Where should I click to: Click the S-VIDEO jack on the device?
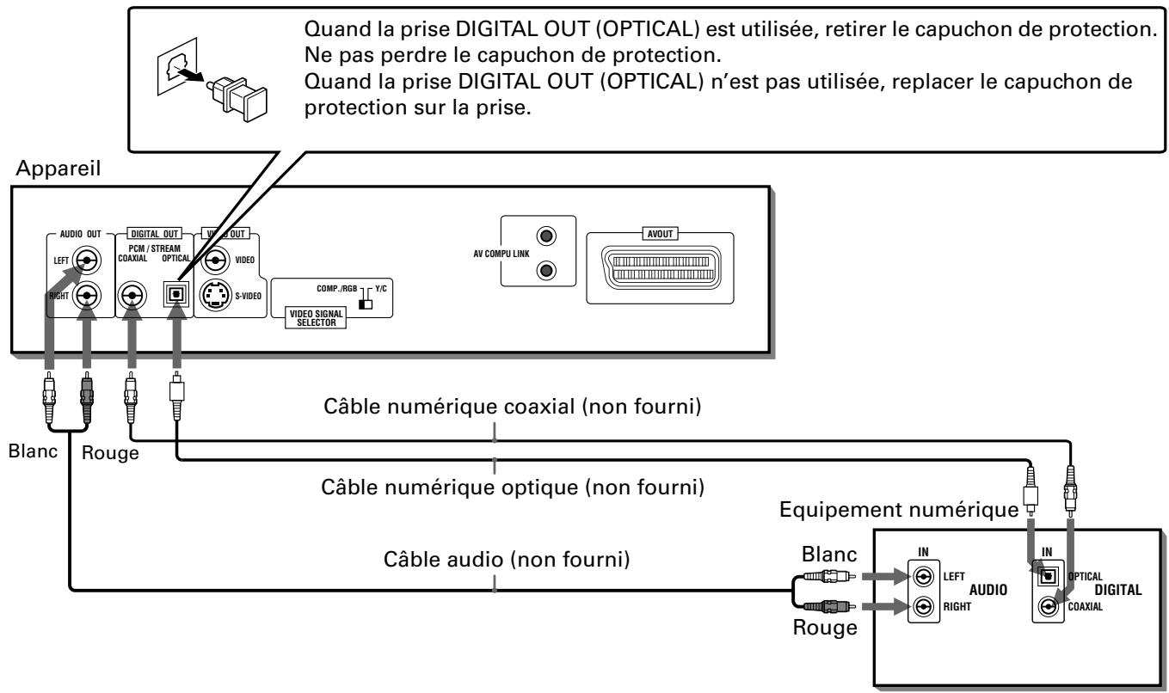click(x=216, y=296)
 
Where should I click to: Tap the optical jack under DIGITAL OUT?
click(x=176, y=294)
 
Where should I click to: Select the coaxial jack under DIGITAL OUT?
click(x=132, y=296)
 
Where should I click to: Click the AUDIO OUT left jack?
click(x=87, y=260)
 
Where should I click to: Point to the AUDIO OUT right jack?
click(x=87, y=296)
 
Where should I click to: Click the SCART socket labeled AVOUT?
click(x=660, y=267)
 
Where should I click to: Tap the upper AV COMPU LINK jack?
click(x=546, y=236)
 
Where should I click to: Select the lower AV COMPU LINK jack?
click(x=546, y=271)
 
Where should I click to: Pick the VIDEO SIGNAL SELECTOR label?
click(x=317, y=318)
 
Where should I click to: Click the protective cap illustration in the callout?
click(x=237, y=99)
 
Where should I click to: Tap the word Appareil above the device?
click(x=58, y=169)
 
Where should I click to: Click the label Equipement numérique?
click(x=899, y=510)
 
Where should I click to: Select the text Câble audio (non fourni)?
click(x=507, y=560)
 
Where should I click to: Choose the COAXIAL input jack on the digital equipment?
click(x=1048, y=606)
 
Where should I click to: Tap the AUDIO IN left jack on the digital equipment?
click(x=924, y=576)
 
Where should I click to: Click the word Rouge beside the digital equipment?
click(x=825, y=628)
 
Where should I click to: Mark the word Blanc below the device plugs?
click(x=33, y=451)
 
